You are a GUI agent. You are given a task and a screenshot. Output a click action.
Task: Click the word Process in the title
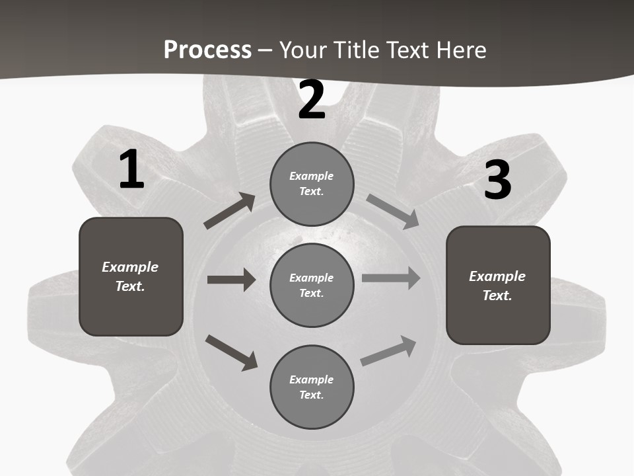pos(207,50)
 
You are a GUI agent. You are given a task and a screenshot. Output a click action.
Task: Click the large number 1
pos(131,170)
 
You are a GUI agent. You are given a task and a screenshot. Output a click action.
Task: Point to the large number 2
pos(312,100)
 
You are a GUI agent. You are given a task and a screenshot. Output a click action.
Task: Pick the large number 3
pos(498,180)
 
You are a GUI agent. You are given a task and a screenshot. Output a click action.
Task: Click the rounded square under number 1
pos(131,276)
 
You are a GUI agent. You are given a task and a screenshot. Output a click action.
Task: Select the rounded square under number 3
pos(498,285)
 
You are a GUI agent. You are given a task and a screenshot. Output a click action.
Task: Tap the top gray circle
pos(312,184)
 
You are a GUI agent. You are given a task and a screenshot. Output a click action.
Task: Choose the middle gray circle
pos(312,285)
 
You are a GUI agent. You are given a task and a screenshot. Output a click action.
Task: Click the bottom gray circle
pos(312,387)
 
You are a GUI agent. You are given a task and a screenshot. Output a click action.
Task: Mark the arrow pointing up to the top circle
pos(230,211)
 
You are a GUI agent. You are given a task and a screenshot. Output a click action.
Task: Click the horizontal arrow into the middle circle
pos(231,280)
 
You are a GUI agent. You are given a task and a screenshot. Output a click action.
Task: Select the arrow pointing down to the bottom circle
pos(231,352)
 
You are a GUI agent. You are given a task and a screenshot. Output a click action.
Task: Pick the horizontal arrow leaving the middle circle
pos(391,278)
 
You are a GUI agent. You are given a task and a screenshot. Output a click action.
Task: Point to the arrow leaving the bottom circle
pos(388,351)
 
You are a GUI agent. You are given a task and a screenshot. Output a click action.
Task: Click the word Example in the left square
pos(130,267)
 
